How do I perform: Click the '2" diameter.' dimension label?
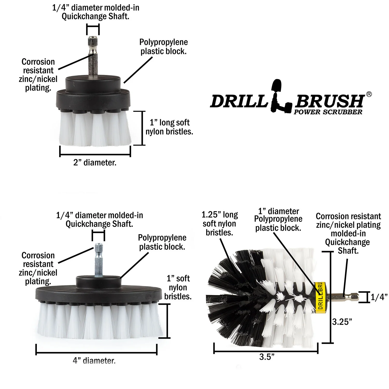click(95, 163)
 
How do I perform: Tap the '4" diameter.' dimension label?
click(94, 360)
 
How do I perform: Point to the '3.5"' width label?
click(267, 357)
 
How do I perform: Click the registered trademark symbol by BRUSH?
click(369, 94)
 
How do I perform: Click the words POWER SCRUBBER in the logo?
click(328, 112)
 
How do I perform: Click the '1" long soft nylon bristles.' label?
click(169, 127)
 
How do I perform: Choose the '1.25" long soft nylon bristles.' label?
click(220, 224)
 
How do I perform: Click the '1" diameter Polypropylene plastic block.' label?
click(278, 219)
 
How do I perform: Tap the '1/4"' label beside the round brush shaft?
click(379, 297)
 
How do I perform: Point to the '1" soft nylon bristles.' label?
click(178, 287)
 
